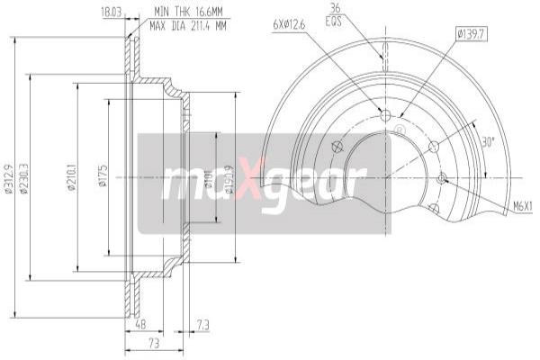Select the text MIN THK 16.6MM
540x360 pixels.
tap(189, 10)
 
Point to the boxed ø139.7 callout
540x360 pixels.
tap(472, 34)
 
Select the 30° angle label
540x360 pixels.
tap(487, 142)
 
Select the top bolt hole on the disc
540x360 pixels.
tap(387, 115)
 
